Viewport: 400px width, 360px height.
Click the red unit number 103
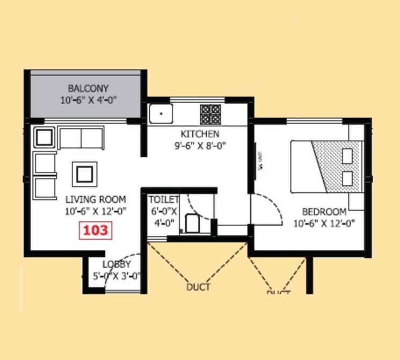coord(95,231)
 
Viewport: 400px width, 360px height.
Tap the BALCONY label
coord(88,89)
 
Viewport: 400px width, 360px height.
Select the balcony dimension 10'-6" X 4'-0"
coord(88,100)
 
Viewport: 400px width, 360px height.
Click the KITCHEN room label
coord(200,134)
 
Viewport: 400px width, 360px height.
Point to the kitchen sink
coord(161,113)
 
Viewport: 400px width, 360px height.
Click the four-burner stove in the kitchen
coord(211,114)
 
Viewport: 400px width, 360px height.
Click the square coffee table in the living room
coord(84,174)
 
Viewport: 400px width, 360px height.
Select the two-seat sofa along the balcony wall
coord(81,138)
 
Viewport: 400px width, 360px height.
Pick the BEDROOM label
coord(324,211)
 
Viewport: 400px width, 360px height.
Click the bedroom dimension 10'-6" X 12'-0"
coord(324,223)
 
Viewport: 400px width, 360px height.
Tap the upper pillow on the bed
coord(347,155)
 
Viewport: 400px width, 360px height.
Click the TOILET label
coord(164,199)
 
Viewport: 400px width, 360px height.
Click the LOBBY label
coord(117,264)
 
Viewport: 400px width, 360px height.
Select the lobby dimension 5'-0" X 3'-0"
coord(117,276)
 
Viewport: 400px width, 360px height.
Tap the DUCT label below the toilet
coord(198,287)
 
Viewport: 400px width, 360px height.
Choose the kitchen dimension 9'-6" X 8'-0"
coord(200,145)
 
